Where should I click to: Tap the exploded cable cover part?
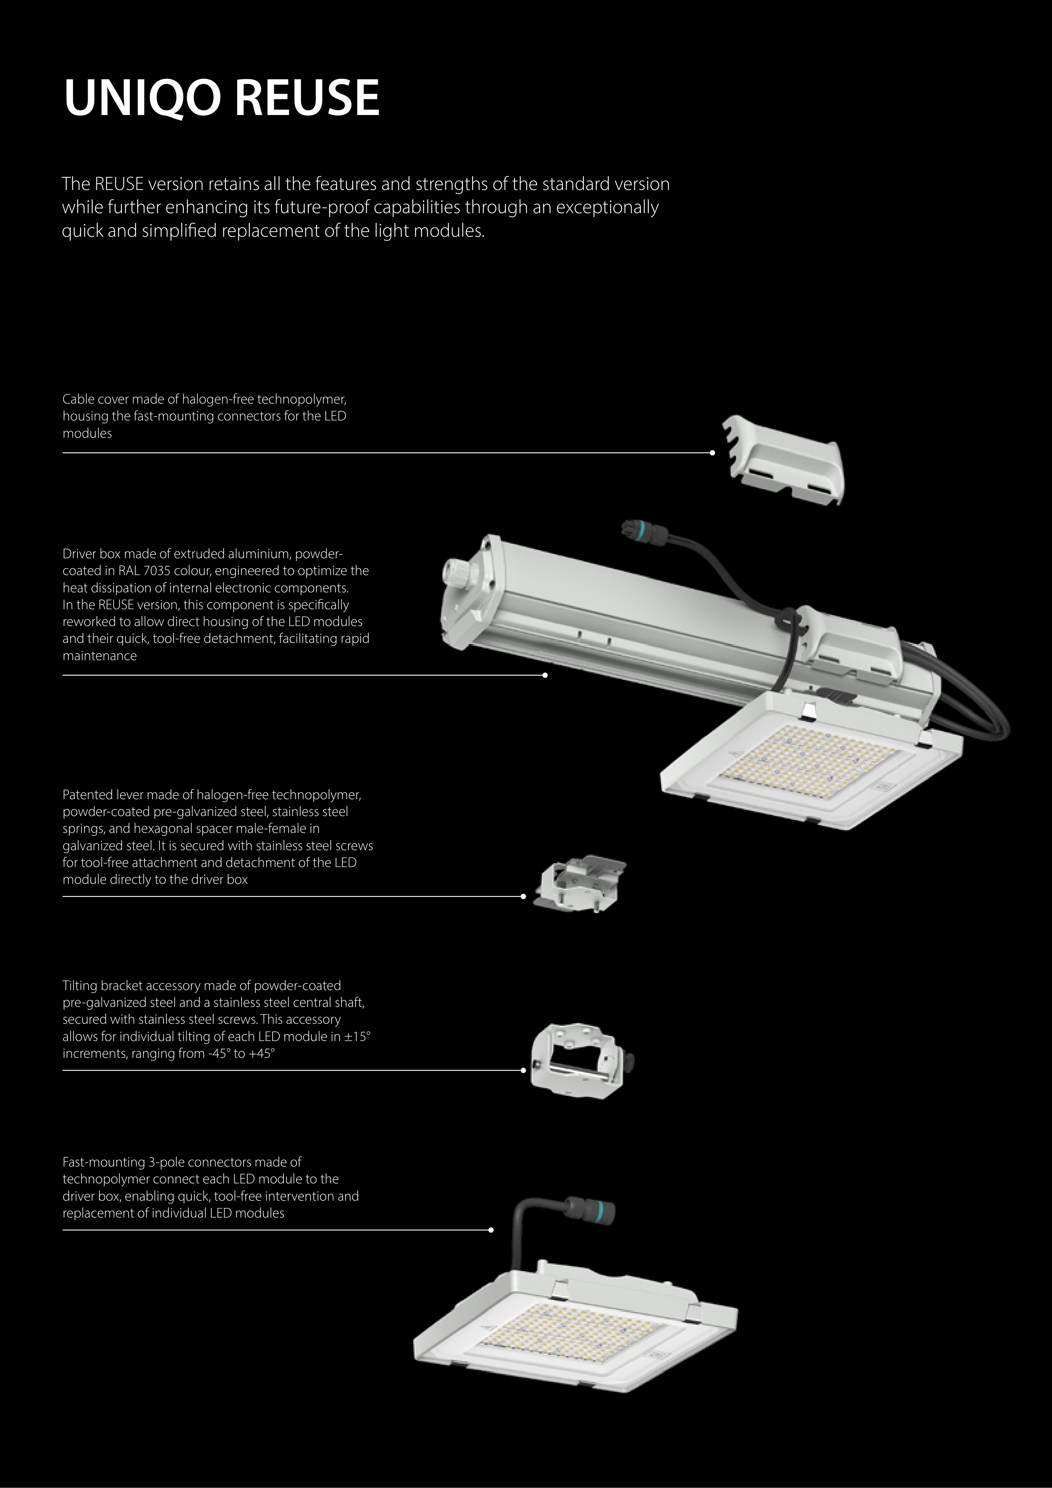784,460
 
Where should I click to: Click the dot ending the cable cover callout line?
712,453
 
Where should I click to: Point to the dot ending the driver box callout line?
545,675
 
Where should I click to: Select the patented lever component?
579,883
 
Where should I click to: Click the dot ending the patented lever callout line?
523,897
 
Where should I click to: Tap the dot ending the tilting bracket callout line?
523,1070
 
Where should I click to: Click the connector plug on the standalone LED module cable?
589,1210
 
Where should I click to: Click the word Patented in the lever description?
88,795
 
